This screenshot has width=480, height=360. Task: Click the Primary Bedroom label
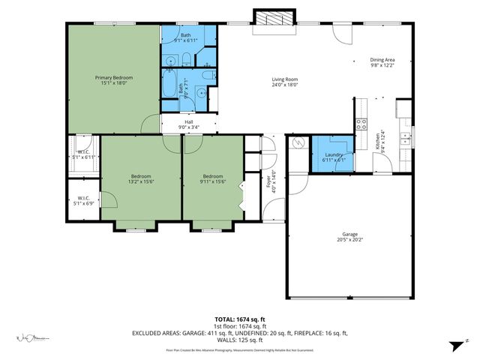[113, 77]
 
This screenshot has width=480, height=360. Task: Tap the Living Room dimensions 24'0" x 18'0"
[284, 85]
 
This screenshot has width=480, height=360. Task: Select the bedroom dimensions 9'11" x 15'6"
[213, 181]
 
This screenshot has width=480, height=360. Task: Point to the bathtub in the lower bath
[169, 85]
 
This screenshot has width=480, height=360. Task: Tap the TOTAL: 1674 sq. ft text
[240, 319]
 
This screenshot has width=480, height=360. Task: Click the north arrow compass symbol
[454, 345]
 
